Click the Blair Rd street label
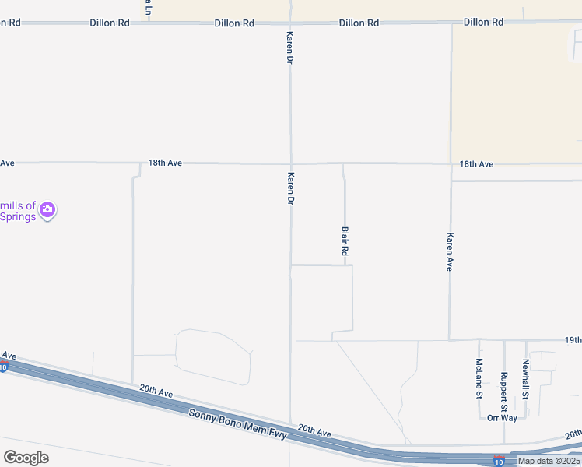344,241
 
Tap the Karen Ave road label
450,251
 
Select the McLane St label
479,378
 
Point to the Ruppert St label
503,391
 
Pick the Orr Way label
502,418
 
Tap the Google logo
26,457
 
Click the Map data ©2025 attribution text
549,461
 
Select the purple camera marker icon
47,209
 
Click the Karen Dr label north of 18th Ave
290,47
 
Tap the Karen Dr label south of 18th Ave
290,188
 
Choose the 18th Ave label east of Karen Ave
476,164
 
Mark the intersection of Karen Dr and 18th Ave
291,163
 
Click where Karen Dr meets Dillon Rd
291,23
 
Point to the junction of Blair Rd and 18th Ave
343,163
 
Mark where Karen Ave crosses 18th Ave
451,163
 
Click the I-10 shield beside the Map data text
498,462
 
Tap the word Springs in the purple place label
19,216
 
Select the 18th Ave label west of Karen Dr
165,163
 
